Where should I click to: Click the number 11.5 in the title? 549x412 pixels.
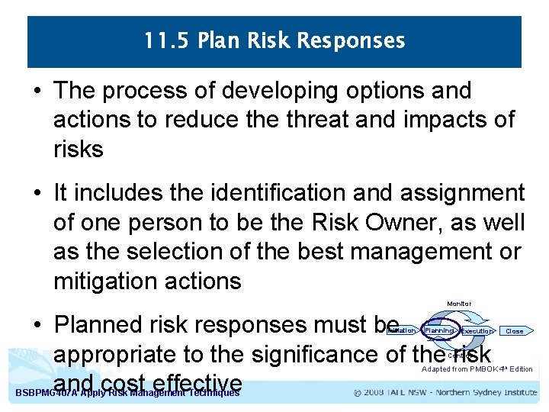[162, 40]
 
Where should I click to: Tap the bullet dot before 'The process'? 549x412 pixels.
[37, 91]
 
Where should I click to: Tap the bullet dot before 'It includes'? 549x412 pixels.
[37, 194]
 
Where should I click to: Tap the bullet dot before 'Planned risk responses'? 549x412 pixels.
[37, 326]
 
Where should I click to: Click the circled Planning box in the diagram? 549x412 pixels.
[440, 331]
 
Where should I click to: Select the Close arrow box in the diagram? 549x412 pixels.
[515, 331]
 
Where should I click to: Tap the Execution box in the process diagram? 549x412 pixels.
[477, 331]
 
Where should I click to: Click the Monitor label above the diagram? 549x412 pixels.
[459, 304]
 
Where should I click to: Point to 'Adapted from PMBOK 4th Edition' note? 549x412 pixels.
[477, 369]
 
